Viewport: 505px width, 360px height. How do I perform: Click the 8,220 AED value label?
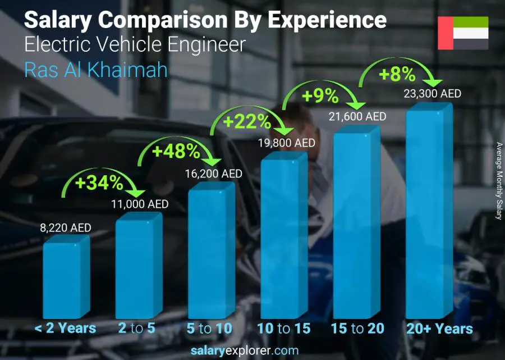click(x=65, y=227)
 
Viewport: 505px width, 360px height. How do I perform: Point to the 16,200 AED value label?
click(x=214, y=174)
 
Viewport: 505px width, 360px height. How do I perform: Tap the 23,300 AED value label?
click(x=433, y=93)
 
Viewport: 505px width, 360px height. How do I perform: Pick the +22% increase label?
click(x=247, y=121)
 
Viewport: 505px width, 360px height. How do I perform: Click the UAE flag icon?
click(x=463, y=33)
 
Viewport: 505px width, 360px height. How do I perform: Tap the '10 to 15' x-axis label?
click(x=284, y=329)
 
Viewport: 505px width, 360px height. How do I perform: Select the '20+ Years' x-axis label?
click(x=440, y=329)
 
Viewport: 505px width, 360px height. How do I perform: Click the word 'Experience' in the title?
click(x=327, y=20)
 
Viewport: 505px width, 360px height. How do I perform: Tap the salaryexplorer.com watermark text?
click(x=252, y=351)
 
